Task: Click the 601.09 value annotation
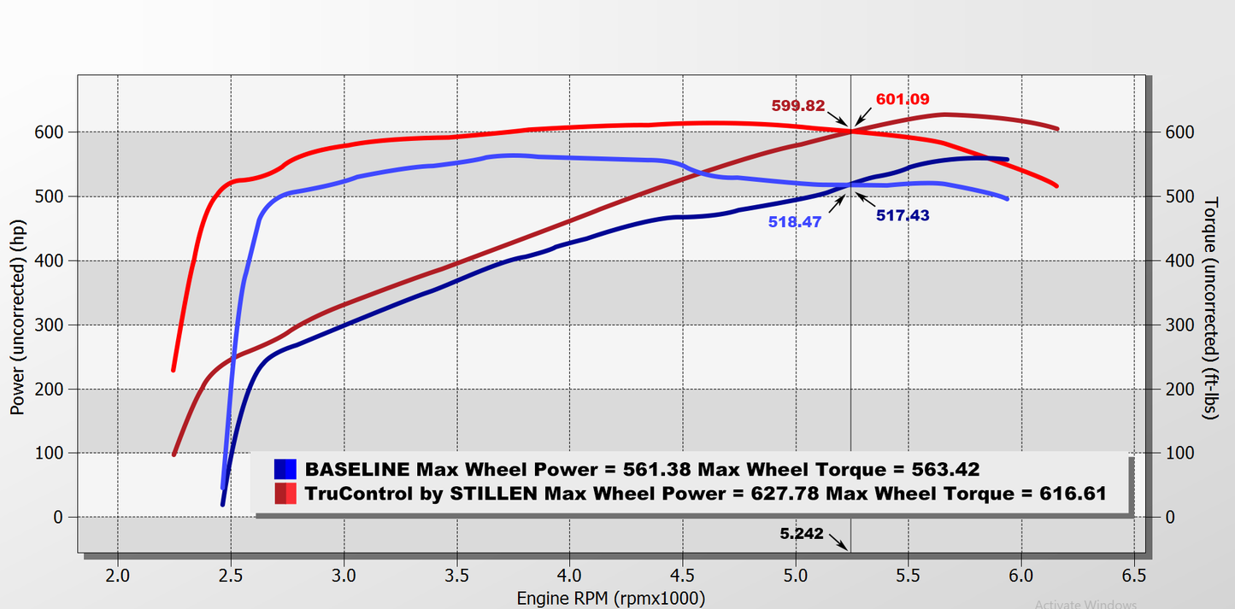pyautogui.click(x=903, y=99)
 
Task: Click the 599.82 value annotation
pyautogui.click(x=797, y=106)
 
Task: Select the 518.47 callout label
pyautogui.click(x=794, y=221)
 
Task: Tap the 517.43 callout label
pyautogui.click(x=903, y=216)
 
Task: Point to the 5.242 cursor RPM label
pyautogui.click(x=801, y=534)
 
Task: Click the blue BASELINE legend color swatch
pyautogui.click(x=285, y=469)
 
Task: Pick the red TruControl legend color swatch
pyautogui.click(x=285, y=493)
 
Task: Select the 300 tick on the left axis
pyautogui.click(x=49, y=325)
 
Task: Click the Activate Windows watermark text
pyautogui.click(x=1085, y=604)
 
